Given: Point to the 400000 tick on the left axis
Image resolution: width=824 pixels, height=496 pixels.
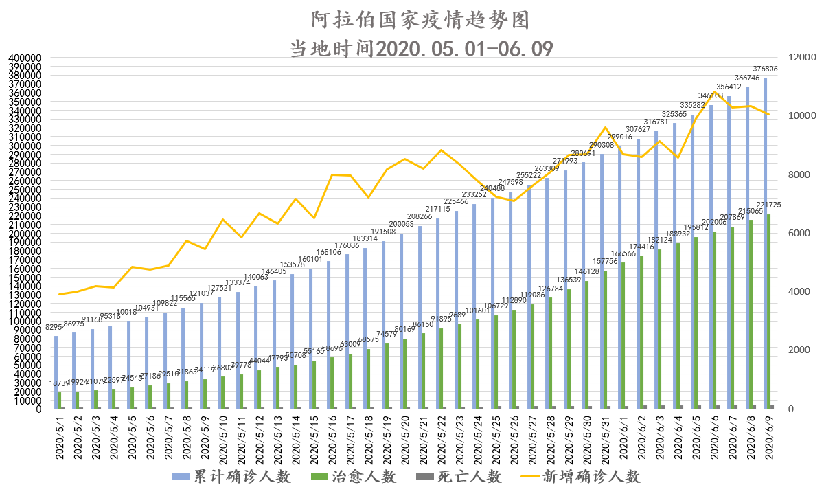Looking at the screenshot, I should (x=25, y=58).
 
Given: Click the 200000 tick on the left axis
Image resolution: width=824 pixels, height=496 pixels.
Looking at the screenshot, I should (x=25, y=234).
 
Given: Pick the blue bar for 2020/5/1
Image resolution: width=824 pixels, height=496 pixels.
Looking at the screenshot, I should (x=56, y=372).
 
